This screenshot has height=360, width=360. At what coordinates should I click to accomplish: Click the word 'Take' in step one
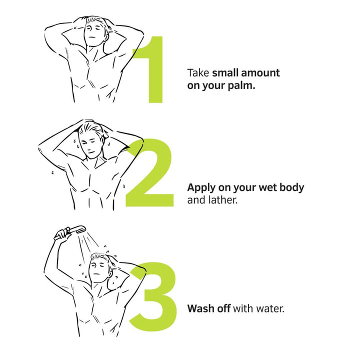pyautogui.click(x=198, y=73)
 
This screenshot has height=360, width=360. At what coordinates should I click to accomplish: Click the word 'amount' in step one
pyautogui.click(x=260, y=73)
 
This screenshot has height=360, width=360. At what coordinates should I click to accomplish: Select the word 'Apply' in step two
pyautogui.click(x=201, y=188)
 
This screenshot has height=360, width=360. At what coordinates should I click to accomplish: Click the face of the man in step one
pyautogui.click(x=94, y=32)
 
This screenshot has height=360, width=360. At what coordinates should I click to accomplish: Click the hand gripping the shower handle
pyautogui.click(x=62, y=234)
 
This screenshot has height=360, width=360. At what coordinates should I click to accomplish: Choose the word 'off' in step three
pyautogui.click(x=223, y=308)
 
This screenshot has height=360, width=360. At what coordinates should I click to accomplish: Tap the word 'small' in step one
pyautogui.click(x=225, y=73)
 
